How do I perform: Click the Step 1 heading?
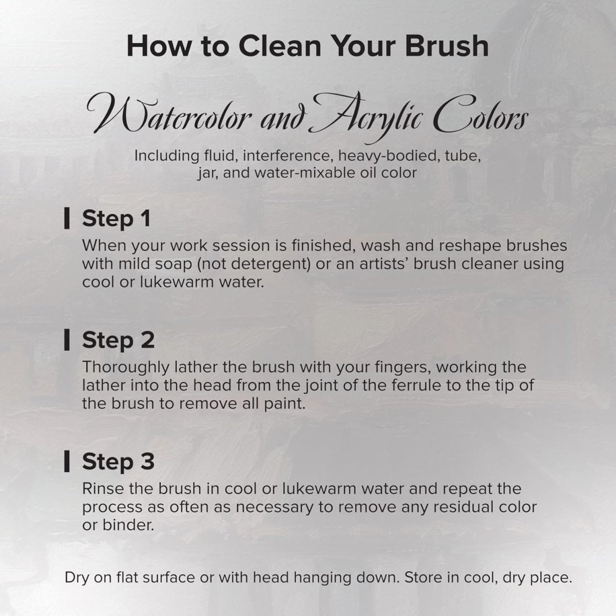click(116, 218)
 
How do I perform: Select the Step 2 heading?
click(118, 340)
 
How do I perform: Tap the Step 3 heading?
click(118, 461)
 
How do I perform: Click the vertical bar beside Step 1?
click(66, 219)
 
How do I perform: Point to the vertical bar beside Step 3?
click(66, 461)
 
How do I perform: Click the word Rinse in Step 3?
click(101, 489)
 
